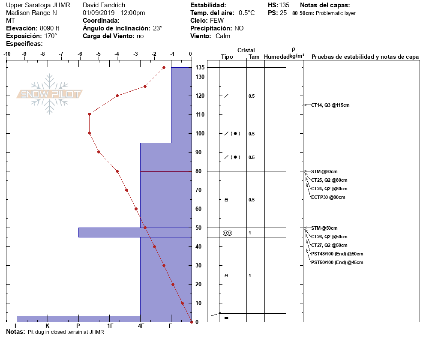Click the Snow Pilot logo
pos(50,94)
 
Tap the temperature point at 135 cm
pos(164,67)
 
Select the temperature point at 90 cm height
pos(99,152)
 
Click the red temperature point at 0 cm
pos(191,322)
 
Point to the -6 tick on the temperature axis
pos(80,54)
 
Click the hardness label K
pos(47,326)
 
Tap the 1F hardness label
pos(110,326)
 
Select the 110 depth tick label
pos(200,114)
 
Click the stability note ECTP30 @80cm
pos(328,197)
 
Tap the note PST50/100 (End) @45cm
pos(337,262)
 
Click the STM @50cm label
pos(324,228)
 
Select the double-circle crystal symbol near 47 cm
pos(227,233)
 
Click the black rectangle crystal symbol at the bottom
pos(226,318)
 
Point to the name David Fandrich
pos(104,5)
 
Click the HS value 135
pos(284,5)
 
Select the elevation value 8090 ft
pos(49,28)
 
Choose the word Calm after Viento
pos(223,36)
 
